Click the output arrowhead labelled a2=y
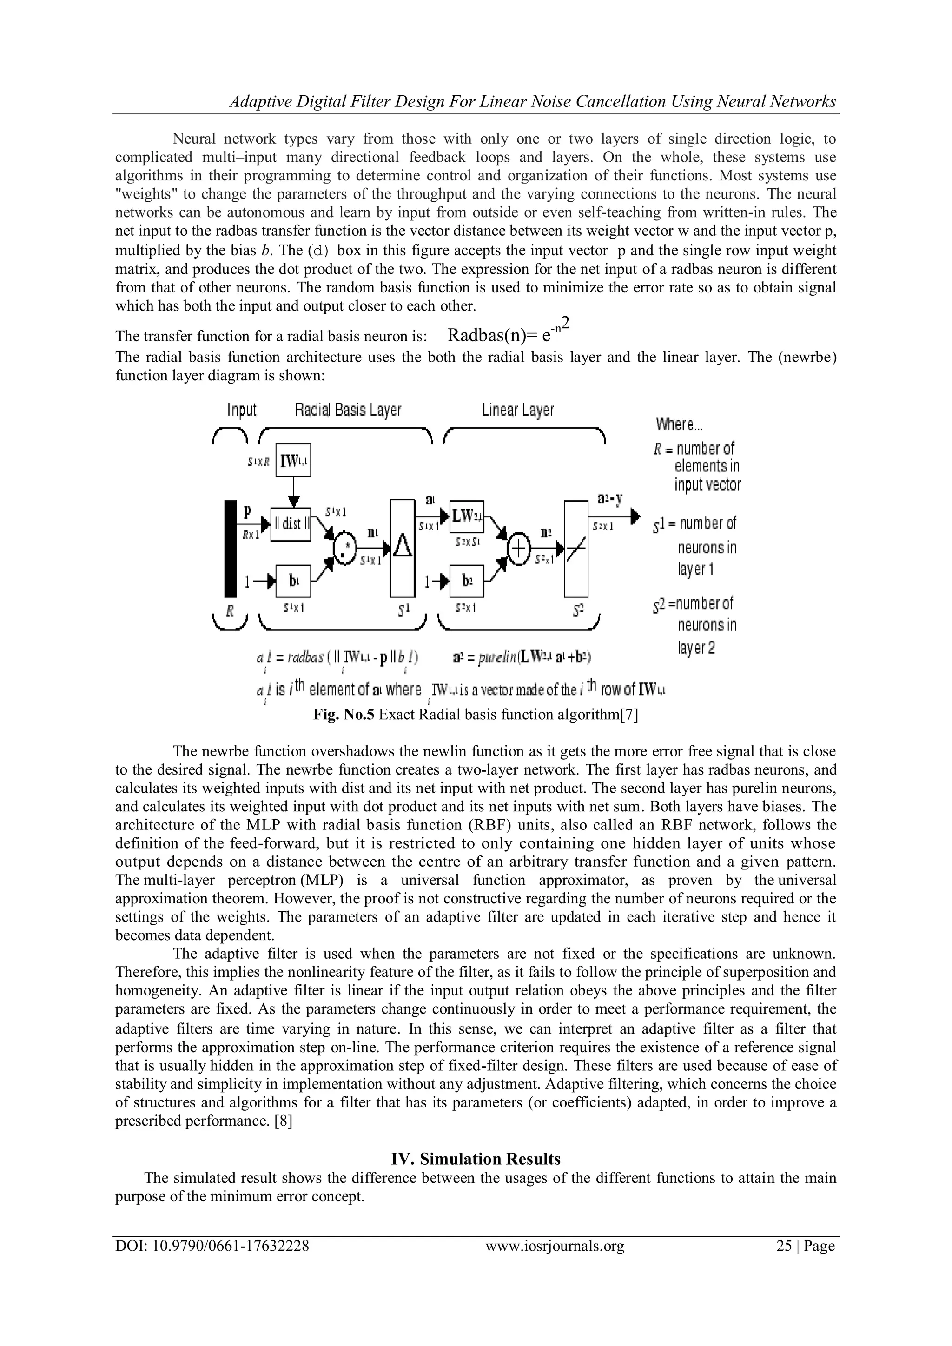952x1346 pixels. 635,517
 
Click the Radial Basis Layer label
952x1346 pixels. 348,410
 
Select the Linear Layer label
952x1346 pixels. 518,410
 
